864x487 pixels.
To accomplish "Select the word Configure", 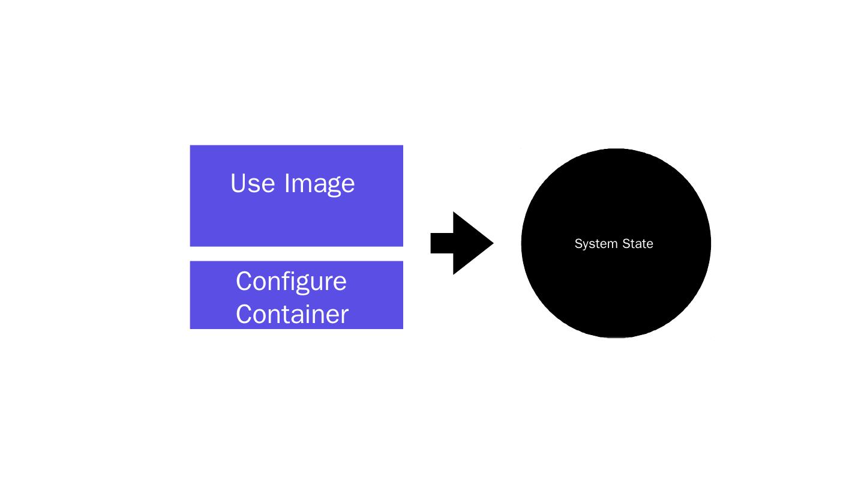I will coord(291,282).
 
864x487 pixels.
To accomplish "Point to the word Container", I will coord(292,314).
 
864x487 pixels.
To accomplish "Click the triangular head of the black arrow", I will coord(471,243).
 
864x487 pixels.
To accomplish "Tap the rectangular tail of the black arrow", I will coord(442,243).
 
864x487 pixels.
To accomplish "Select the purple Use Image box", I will coord(296,222).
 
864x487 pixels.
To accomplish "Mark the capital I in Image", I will coord(287,183).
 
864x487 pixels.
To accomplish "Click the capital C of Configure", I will coord(244,281).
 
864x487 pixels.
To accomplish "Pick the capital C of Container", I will coord(244,313).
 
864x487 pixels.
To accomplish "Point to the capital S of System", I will coord(578,244).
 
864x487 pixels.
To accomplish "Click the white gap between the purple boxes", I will coord(296,254).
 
